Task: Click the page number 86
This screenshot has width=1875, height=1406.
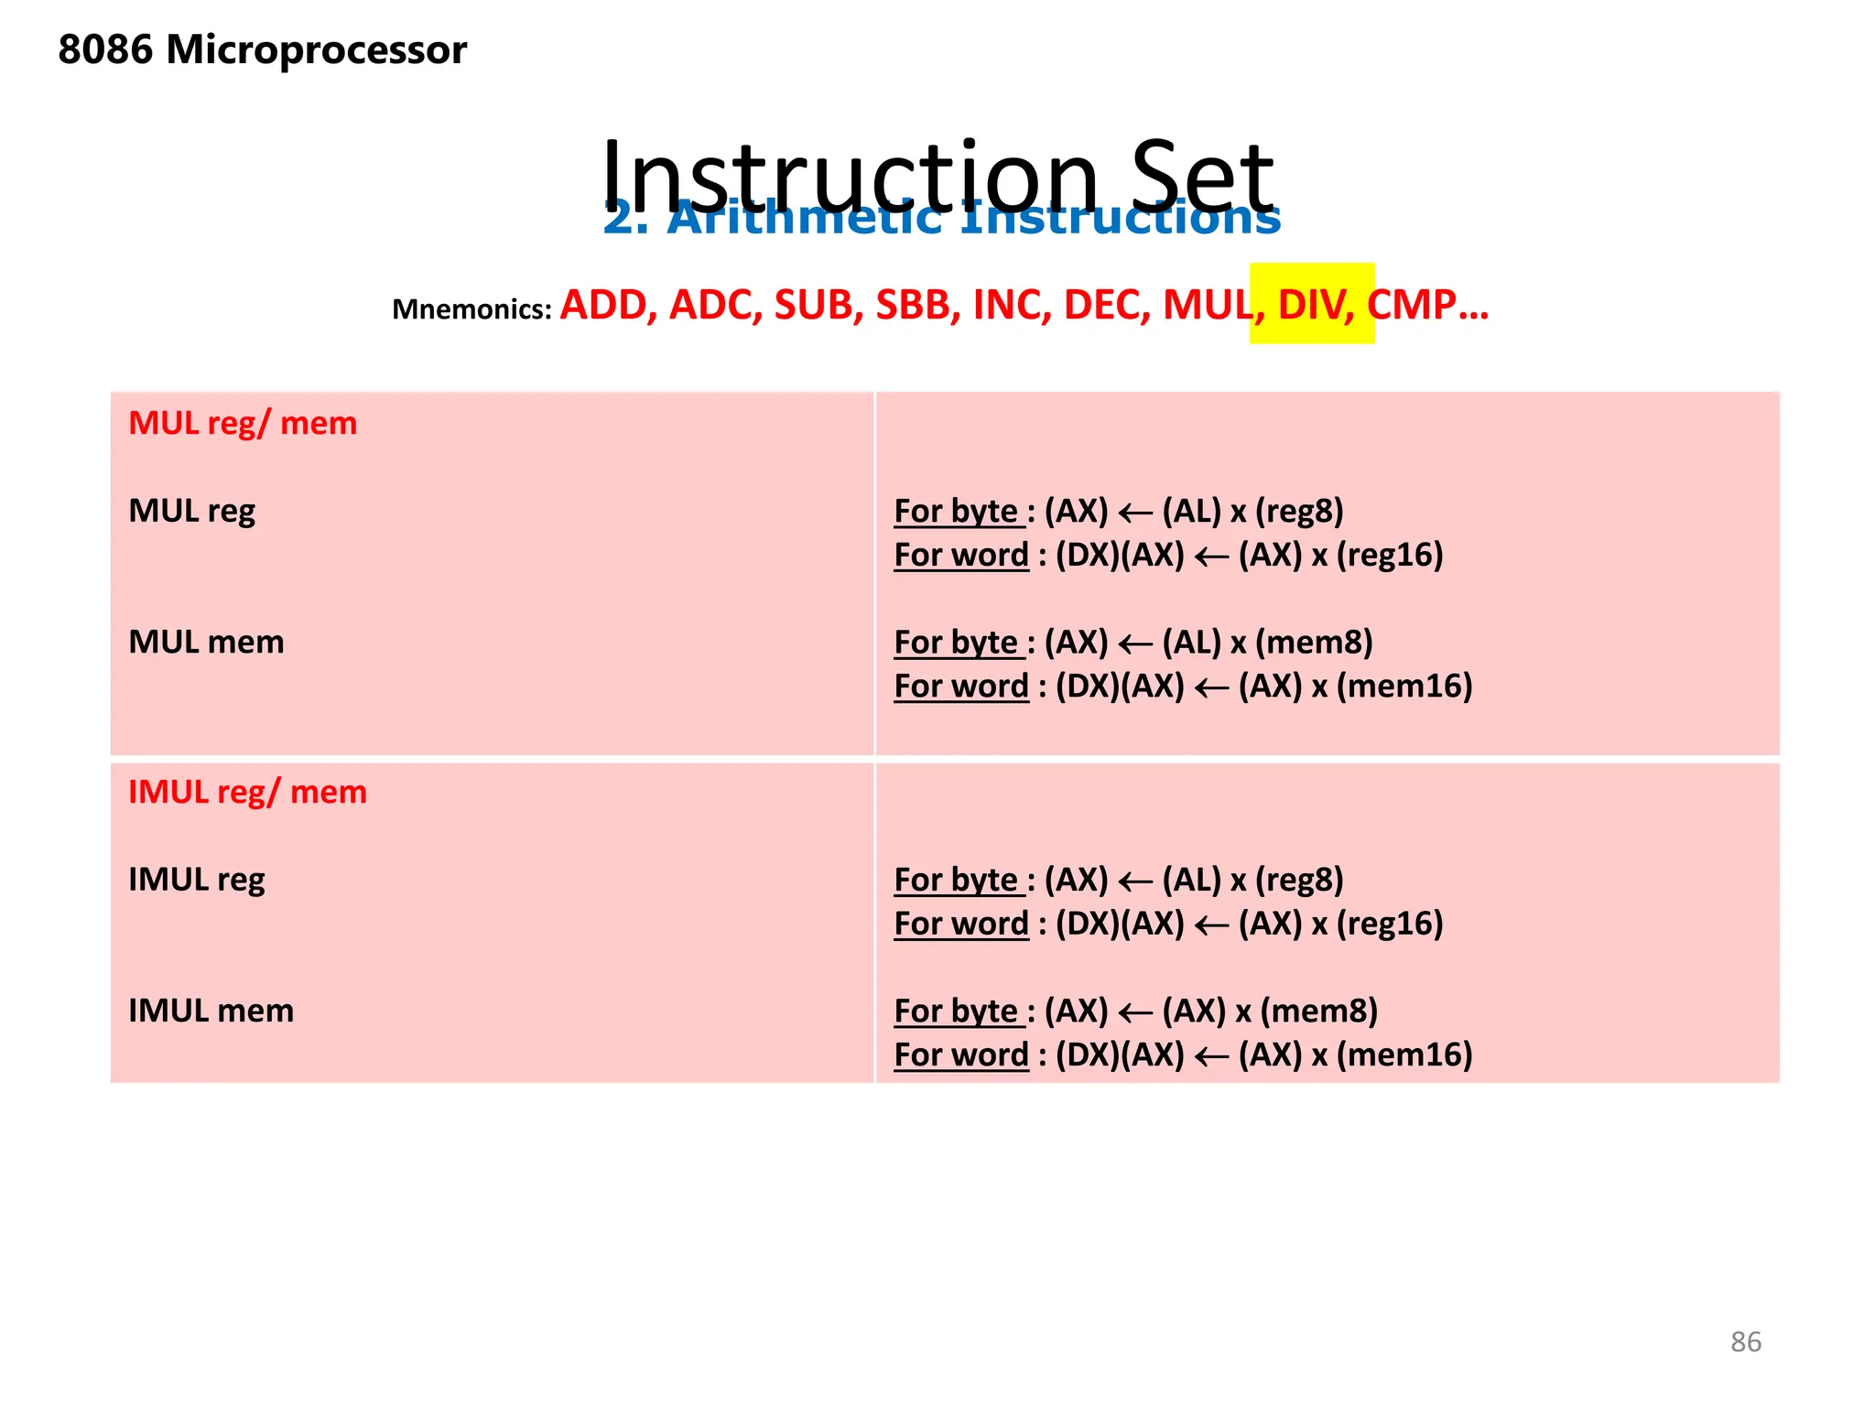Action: (x=1745, y=1341)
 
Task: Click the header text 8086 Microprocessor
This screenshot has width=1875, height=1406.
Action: (x=262, y=49)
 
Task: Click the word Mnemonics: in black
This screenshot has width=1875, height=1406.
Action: (x=471, y=309)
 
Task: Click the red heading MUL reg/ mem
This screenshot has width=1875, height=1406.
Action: (x=243, y=424)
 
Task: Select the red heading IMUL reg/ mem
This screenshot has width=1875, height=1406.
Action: (x=247, y=792)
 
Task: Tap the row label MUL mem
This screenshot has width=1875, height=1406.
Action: (x=206, y=642)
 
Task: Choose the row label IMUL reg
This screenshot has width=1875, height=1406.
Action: (x=196, y=880)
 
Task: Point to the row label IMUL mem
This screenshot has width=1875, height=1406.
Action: (x=211, y=1011)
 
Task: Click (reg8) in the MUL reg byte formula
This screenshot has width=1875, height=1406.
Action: (x=1298, y=511)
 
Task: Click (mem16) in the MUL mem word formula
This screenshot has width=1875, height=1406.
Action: (x=1404, y=686)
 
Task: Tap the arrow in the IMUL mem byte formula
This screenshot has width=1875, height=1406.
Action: (x=1135, y=1012)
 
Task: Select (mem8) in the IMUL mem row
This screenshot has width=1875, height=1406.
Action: (x=1318, y=1011)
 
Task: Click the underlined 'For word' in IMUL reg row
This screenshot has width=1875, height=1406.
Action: (x=961, y=924)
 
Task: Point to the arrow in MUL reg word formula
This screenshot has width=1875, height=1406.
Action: (x=1211, y=556)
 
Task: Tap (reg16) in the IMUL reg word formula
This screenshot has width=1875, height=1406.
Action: (x=1390, y=924)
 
